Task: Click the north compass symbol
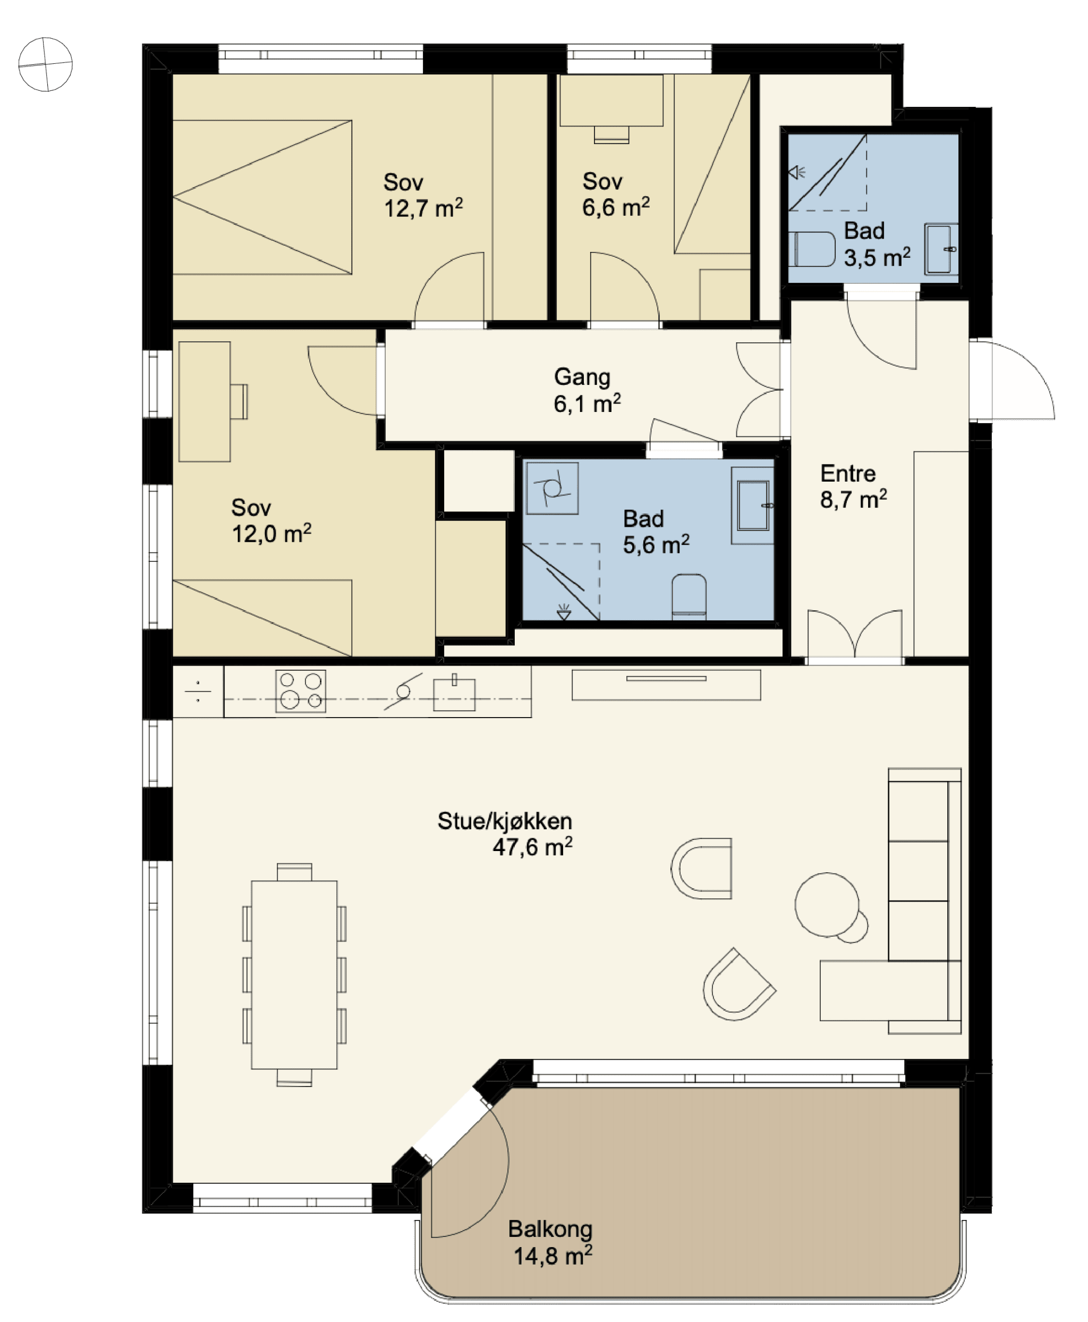[x=45, y=64]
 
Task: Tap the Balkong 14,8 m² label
[x=550, y=1242]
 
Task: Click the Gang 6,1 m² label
[x=587, y=390]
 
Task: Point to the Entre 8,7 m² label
[x=854, y=486]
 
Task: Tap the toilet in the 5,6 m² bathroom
[x=689, y=596]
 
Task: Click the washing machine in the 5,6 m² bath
[x=552, y=488]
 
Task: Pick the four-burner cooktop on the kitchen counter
[x=301, y=691]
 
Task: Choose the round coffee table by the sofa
[x=827, y=904]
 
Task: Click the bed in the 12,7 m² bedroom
[x=262, y=197]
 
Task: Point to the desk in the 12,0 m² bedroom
[x=205, y=401]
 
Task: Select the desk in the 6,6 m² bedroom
[x=611, y=100]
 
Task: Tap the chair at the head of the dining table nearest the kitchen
[x=294, y=872]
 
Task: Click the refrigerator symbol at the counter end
[x=198, y=691]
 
